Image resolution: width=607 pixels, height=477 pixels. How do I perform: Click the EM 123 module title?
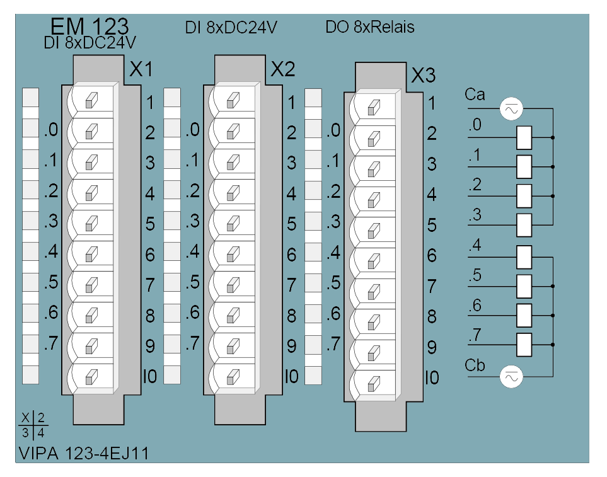pos(90,26)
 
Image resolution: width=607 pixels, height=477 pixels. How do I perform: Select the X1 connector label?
pos(141,70)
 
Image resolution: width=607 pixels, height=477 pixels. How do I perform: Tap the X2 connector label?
pos(283,70)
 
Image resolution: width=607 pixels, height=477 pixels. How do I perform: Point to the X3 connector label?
pos(424,76)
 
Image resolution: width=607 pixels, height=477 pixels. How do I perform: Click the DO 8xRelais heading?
pos(370,27)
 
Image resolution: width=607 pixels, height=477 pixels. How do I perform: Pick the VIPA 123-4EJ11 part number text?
pos(84,454)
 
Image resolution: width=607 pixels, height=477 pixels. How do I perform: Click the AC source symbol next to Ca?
pos(511,109)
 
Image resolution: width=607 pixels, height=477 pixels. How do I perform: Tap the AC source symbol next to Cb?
pos(511,377)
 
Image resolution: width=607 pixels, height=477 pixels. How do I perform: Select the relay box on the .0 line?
pos(524,138)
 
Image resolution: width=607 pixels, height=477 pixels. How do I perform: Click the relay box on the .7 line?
pos(524,345)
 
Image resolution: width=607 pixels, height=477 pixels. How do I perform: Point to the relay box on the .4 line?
pos(524,257)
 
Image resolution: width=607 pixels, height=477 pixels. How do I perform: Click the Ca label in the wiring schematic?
pos(475,95)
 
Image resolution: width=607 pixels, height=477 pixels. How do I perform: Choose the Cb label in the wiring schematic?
pos(475,365)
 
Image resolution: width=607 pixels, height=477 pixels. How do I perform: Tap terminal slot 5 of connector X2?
pos(233,223)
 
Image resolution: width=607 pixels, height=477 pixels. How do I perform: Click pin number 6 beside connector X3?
pos(432,256)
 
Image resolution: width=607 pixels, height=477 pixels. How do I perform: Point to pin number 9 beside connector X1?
pos(150,346)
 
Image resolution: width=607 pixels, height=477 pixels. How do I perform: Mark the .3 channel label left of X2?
pos(193,221)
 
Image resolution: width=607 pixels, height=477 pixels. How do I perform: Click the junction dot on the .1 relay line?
pos(553,167)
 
